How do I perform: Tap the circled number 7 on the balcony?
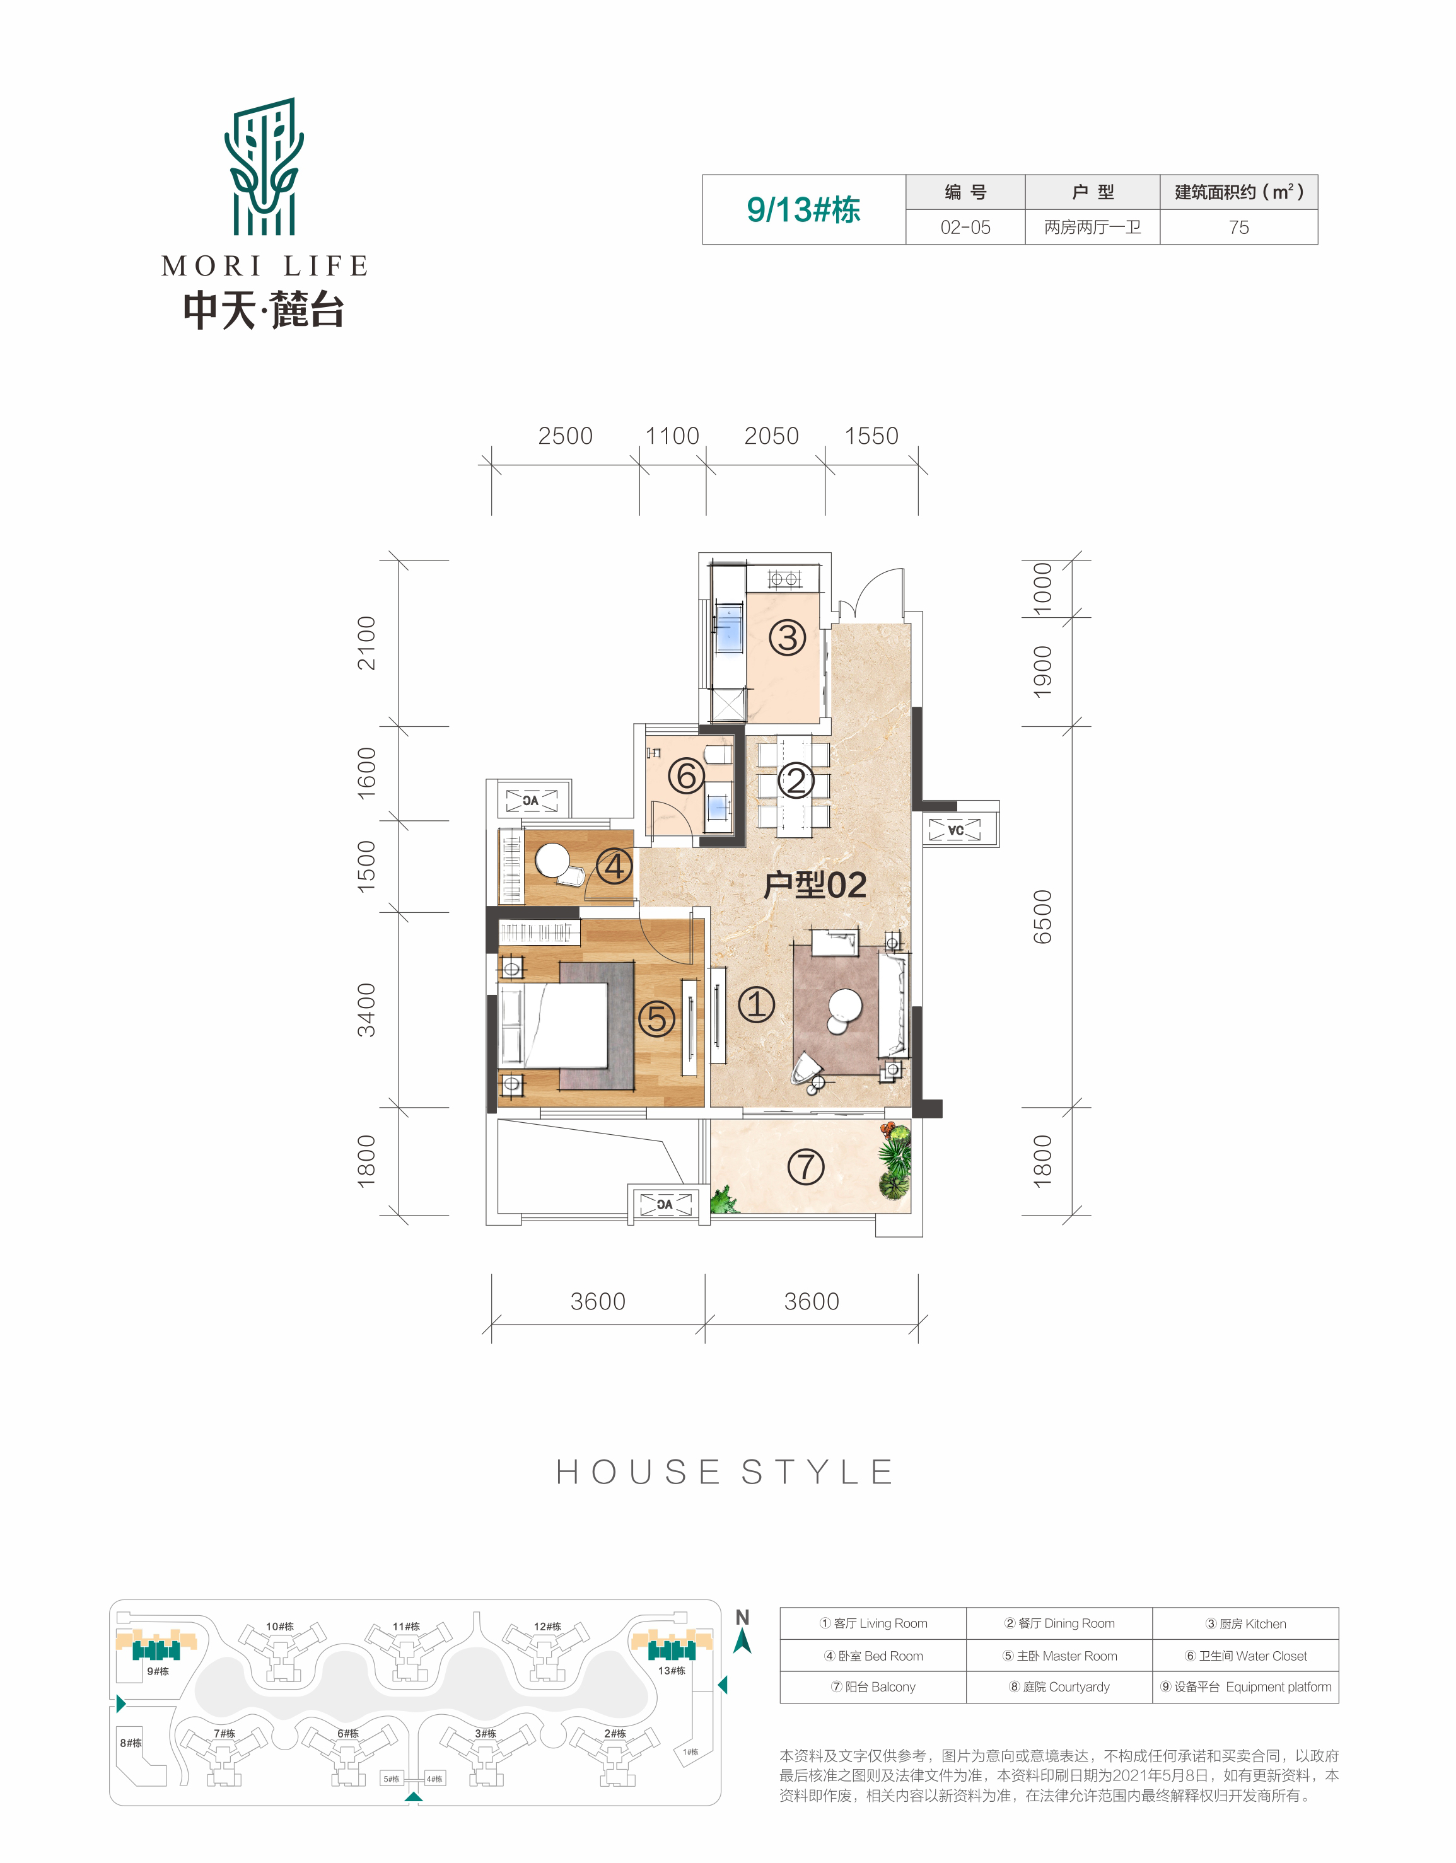(x=805, y=1167)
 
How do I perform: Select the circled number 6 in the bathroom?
(x=686, y=776)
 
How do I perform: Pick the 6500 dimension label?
(x=1042, y=917)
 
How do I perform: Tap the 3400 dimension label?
(x=366, y=1010)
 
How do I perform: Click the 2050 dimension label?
(x=771, y=436)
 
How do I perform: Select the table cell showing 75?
(x=1238, y=227)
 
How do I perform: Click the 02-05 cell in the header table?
(x=965, y=227)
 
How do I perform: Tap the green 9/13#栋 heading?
(x=803, y=210)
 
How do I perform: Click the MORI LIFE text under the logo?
(x=264, y=266)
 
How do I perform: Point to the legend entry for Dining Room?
(x=1059, y=1623)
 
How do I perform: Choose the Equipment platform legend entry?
(x=1246, y=1686)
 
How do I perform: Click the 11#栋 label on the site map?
(x=406, y=1627)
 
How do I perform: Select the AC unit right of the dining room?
(x=955, y=829)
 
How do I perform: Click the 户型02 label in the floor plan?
(x=815, y=885)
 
